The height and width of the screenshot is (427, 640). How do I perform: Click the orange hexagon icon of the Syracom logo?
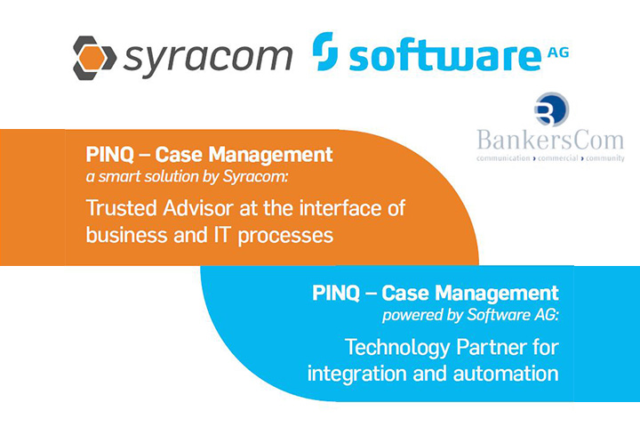coord(91,57)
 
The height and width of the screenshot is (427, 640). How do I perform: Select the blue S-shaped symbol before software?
coord(325,52)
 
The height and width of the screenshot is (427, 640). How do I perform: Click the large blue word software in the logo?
coord(445,56)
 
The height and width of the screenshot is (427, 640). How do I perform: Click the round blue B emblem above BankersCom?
coord(551,109)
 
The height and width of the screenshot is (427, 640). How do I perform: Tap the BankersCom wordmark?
coord(550,140)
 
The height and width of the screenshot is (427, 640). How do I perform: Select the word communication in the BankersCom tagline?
coord(503,158)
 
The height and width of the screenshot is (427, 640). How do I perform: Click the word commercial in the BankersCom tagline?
coord(558,158)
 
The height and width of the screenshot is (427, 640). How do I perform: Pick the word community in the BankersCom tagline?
coord(605,158)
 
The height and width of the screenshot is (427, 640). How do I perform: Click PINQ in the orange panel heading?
coord(110,155)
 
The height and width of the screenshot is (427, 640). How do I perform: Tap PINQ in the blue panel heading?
coord(336,294)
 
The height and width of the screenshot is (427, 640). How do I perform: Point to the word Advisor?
coord(198,208)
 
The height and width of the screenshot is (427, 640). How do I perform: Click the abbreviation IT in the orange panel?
coord(220,235)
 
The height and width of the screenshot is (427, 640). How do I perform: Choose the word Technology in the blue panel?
coord(397,348)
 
